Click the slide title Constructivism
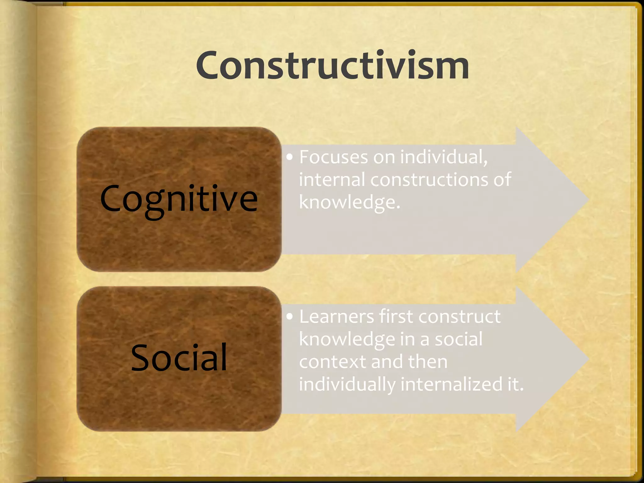click(332, 65)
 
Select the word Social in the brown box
click(179, 358)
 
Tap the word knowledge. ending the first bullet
click(349, 202)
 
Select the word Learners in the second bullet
click(336, 316)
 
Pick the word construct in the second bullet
click(459, 316)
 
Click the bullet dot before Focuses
click(290, 157)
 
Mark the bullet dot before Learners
click(290, 317)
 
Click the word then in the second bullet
click(428, 362)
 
